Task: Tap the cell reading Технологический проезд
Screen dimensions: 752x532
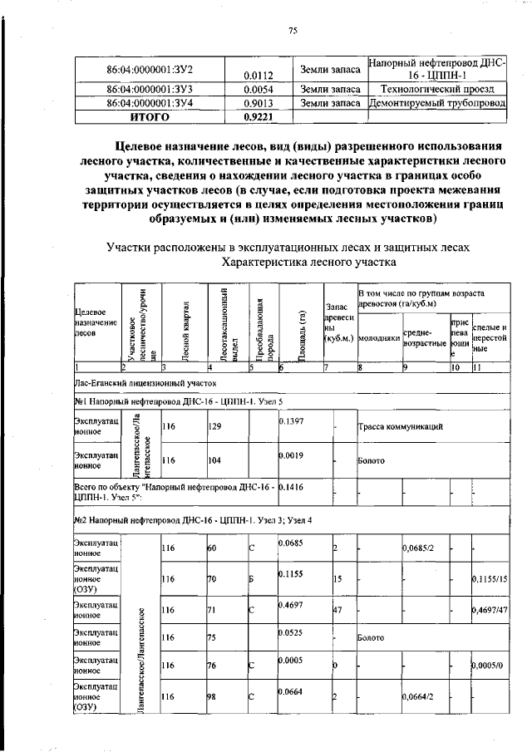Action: [x=436, y=87]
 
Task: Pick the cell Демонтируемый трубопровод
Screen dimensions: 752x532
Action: [x=436, y=103]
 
